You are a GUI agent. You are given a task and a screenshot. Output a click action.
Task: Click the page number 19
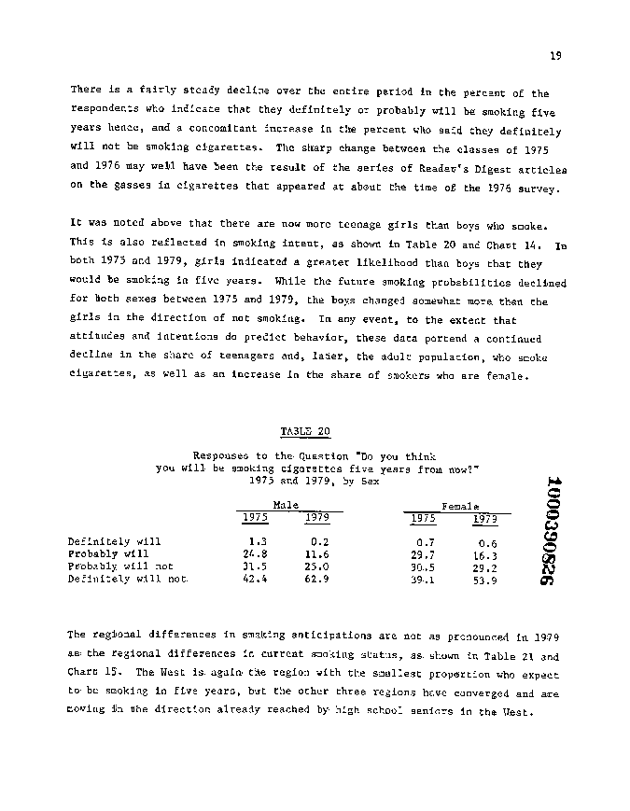point(555,56)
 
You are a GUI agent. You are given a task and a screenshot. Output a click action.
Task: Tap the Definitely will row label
point(114,541)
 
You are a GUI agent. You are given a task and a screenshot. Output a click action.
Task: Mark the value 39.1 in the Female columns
point(424,580)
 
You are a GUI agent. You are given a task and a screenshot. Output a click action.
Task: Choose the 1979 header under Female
point(484,518)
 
